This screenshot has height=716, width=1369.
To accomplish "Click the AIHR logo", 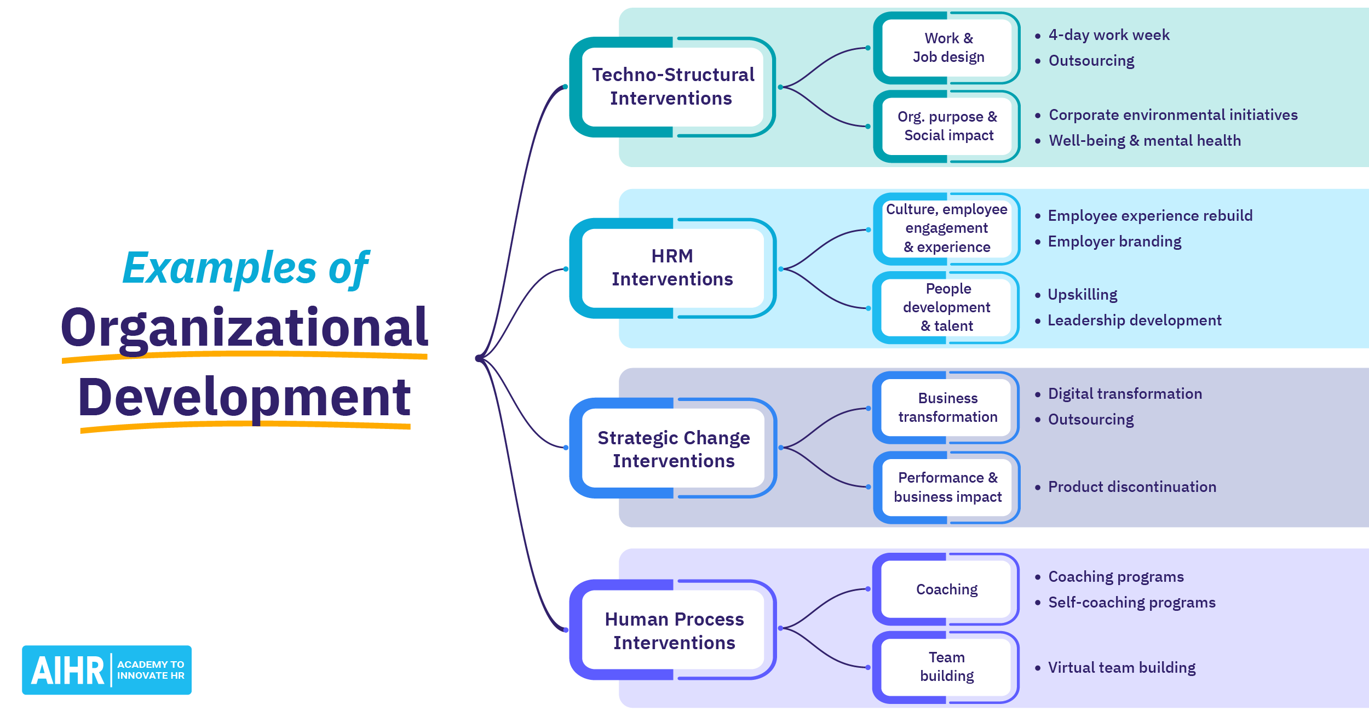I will coord(106,669).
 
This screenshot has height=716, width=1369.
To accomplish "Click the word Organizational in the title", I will coord(244,328).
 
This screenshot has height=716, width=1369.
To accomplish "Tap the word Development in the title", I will coord(244,398).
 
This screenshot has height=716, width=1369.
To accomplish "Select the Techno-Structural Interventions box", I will coord(672,87).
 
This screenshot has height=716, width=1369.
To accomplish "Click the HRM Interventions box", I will coord(672,268).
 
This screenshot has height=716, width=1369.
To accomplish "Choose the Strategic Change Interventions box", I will coord(673,449).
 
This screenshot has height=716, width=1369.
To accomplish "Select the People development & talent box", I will coord(946,307).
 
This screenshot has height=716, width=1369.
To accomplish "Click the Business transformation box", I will coord(947,408).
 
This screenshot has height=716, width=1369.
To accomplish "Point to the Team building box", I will coord(946,667).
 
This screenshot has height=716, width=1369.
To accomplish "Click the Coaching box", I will coord(946,589).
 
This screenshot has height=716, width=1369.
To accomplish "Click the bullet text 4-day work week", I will coord(1108,35).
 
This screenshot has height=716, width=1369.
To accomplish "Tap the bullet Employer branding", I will coord(1114,242).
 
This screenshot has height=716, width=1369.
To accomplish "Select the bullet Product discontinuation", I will coord(1131,486).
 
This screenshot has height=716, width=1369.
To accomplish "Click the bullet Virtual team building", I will coord(1121,667).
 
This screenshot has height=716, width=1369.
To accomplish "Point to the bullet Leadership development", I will coord(1134,320).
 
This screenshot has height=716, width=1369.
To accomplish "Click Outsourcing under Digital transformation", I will coord(1090,420).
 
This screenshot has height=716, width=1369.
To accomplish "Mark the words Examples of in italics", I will coord(246,268).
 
